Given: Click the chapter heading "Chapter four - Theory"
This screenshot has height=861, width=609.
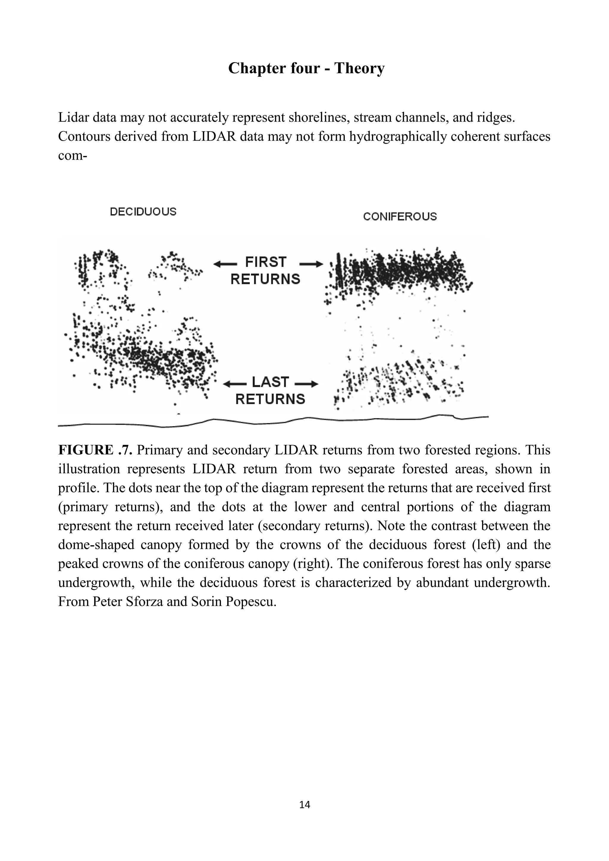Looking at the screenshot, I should point(306,68).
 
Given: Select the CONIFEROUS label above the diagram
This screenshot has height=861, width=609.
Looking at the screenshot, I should point(400,216).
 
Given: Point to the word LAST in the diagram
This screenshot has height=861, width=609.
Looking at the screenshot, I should point(270,382).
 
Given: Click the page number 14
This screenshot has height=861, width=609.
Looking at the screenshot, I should point(305,805).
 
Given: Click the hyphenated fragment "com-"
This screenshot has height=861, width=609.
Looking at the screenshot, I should point(72,155).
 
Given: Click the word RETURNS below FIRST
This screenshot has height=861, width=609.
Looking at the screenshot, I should point(265,279).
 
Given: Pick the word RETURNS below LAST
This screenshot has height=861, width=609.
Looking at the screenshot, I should point(270,399).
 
